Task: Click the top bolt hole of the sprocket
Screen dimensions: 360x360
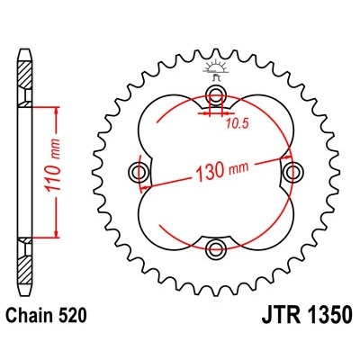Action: pos(215,97)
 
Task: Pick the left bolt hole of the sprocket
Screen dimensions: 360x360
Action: pos(140,172)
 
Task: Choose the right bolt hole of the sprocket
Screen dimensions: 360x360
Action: pos(290,172)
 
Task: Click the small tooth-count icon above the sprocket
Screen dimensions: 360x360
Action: pos(215,68)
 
